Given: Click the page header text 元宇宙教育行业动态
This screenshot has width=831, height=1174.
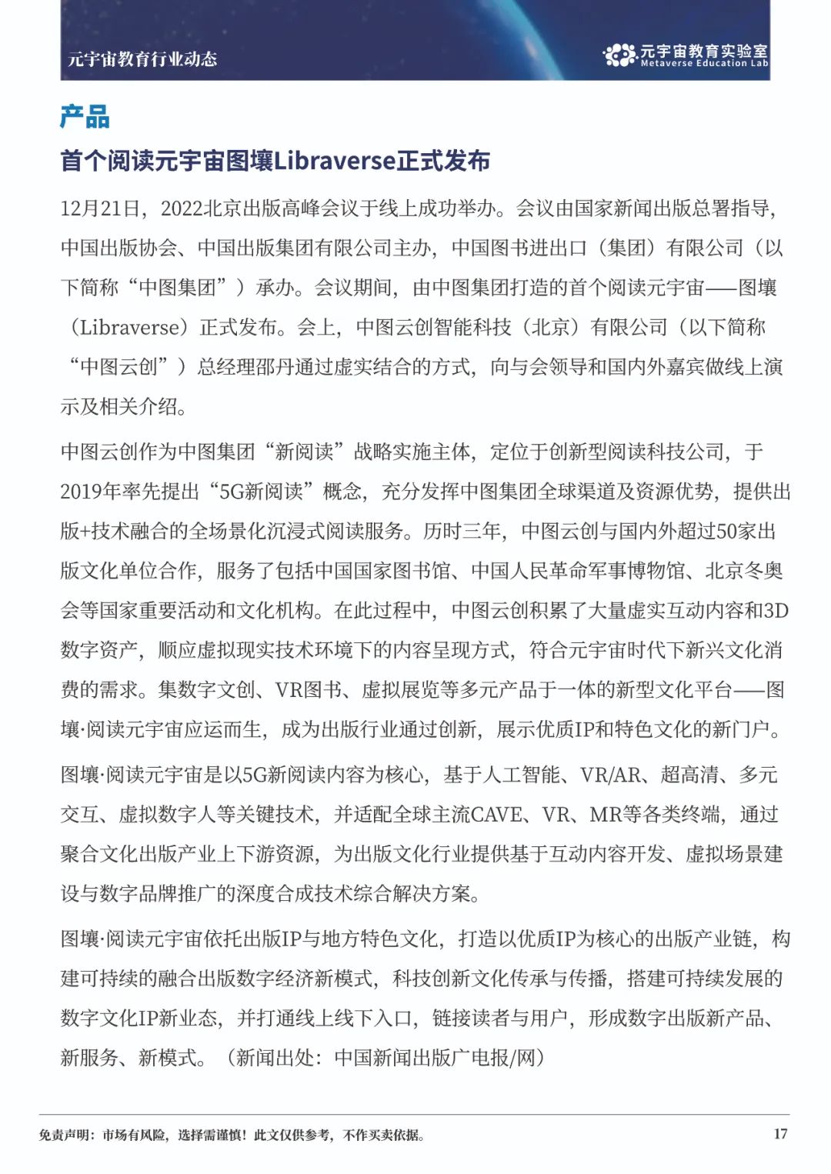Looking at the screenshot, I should (x=142, y=59).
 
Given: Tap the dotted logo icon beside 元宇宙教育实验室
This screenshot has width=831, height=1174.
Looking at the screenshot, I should (x=619, y=55).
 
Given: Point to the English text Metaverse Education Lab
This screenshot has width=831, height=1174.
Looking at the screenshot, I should (x=704, y=64).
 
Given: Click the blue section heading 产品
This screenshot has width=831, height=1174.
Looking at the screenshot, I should (x=85, y=117).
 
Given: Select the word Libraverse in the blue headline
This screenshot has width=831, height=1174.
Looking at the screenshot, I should (x=334, y=161).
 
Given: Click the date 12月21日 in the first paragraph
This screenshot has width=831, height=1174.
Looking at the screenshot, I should (x=100, y=208).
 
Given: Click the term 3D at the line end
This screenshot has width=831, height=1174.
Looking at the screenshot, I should (x=776, y=611).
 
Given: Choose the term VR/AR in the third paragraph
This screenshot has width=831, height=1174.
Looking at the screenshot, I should (x=611, y=775).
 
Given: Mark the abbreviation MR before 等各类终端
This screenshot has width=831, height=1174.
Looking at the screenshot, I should (x=604, y=815).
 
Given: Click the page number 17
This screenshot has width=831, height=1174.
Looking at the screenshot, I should (x=780, y=1134).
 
